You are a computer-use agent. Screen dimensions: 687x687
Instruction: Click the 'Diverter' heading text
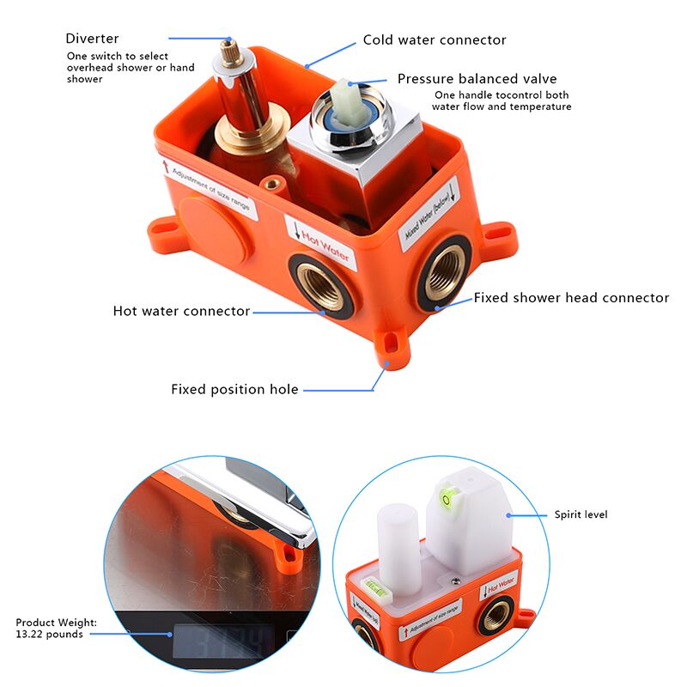92,39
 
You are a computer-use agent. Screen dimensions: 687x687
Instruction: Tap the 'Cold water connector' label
435,40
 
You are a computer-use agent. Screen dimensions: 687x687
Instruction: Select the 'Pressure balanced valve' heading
477,79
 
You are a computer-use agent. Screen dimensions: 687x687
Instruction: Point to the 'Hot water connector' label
181,311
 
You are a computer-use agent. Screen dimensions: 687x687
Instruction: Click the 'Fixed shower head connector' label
571,298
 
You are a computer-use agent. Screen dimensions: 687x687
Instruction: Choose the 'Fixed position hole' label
234,390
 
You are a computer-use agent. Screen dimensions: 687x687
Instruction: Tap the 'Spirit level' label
581,514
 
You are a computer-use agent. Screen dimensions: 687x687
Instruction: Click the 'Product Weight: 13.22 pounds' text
56,629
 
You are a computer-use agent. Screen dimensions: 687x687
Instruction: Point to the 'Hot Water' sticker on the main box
320,243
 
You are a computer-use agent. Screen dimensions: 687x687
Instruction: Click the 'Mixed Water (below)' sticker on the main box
429,214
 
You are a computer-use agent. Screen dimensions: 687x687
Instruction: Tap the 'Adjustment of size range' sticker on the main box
209,187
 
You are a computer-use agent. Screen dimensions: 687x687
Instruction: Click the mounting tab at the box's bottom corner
392,345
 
